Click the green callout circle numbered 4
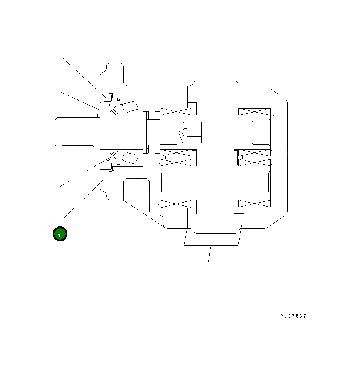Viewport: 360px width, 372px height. tap(60, 234)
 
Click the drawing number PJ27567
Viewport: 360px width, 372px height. tap(293, 316)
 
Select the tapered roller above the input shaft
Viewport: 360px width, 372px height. tap(130, 107)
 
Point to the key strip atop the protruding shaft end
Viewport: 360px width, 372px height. tap(78, 115)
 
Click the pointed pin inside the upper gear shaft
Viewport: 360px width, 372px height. tap(185, 132)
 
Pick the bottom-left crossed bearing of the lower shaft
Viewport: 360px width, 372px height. tap(176, 204)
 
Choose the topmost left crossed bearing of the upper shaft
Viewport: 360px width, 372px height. tap(176, 111)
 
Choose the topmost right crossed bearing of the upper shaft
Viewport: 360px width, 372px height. tap(254, 111)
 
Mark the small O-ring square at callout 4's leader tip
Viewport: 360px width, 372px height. tap(119, 166)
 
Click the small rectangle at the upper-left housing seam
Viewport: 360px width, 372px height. tap(189, 95)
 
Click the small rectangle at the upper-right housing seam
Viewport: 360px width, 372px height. tap(242, 95)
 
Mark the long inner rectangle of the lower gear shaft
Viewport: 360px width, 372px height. tap(215, 182)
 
